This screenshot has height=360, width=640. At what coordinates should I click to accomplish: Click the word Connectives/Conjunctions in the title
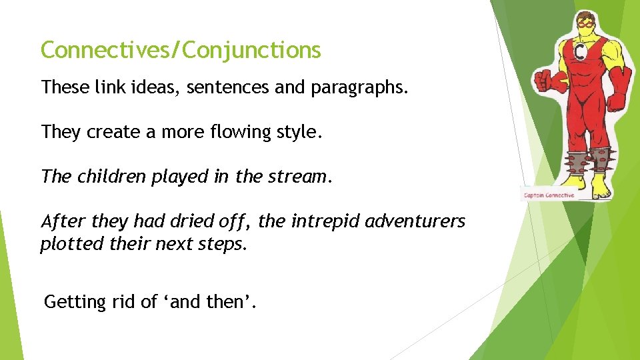(181, 50)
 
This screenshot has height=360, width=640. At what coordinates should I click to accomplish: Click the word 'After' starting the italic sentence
(61, 221)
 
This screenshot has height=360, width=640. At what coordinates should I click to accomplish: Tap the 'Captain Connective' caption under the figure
(549, 195)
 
